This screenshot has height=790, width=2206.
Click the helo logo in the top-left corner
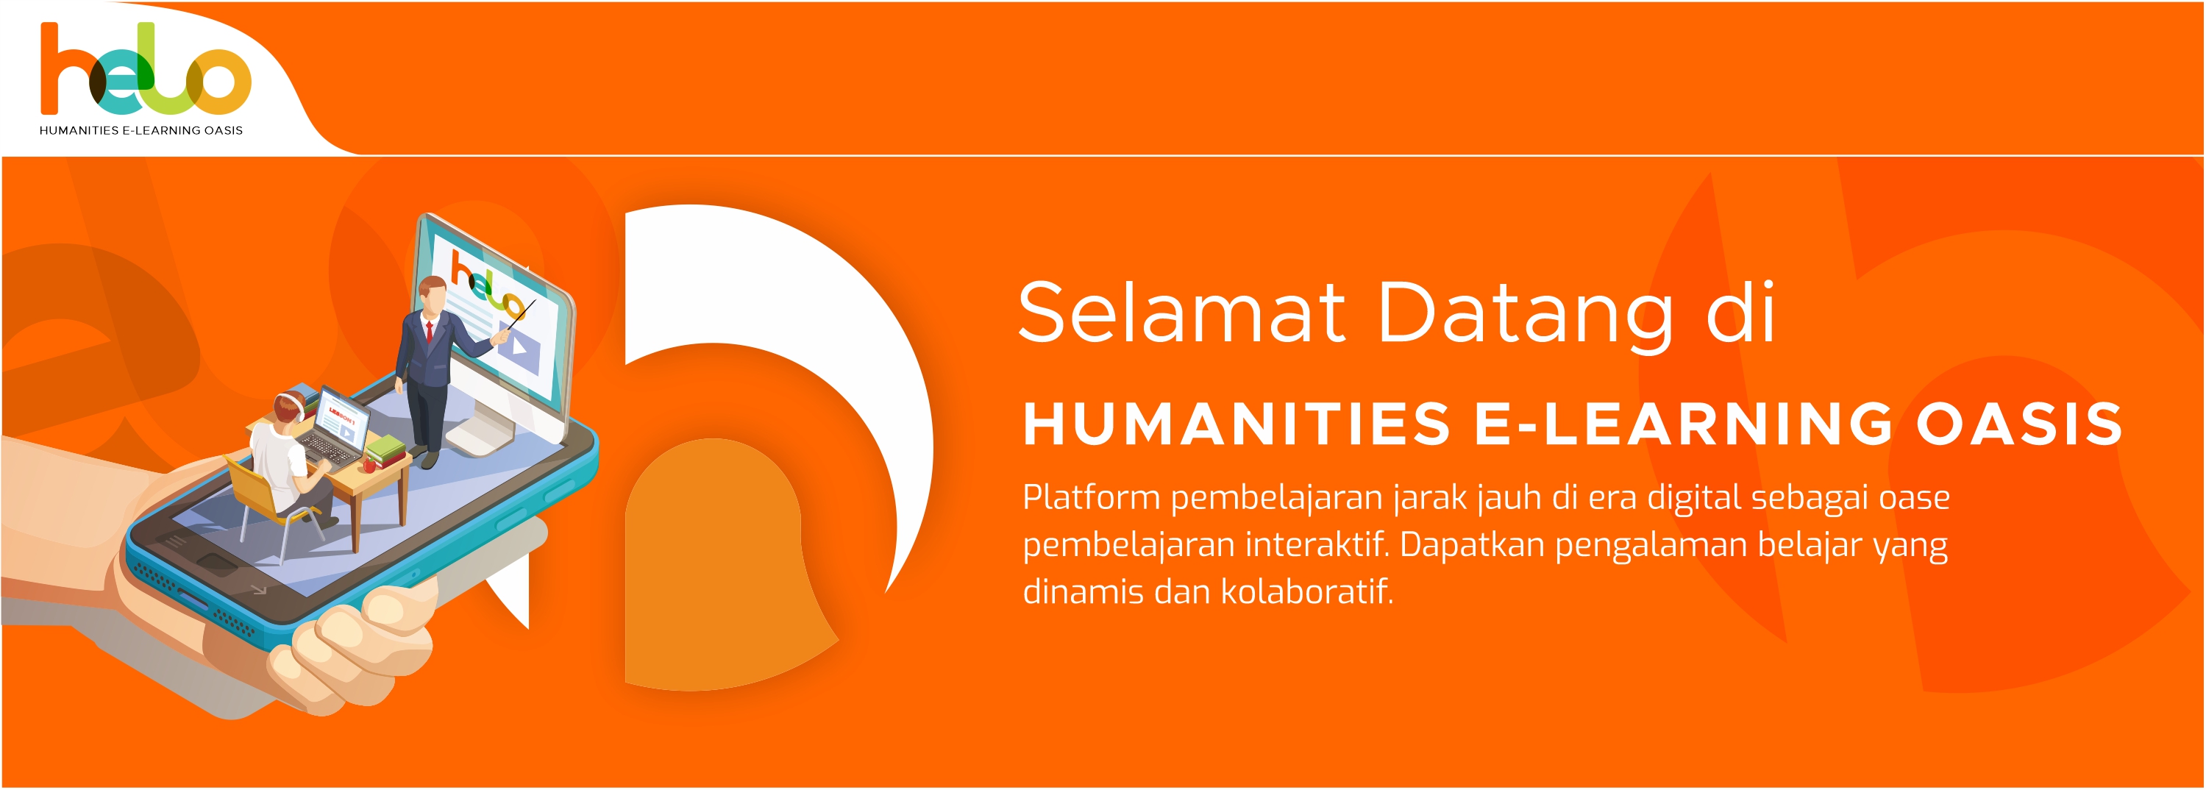146,68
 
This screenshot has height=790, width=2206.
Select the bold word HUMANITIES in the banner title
1237,424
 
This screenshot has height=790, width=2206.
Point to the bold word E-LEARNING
1684,424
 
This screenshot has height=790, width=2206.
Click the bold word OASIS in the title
2019,424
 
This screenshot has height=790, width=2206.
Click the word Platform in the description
1091,497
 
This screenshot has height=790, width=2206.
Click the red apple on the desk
369,466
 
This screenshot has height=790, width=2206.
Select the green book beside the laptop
387,446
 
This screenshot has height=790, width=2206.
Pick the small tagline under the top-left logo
141,131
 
